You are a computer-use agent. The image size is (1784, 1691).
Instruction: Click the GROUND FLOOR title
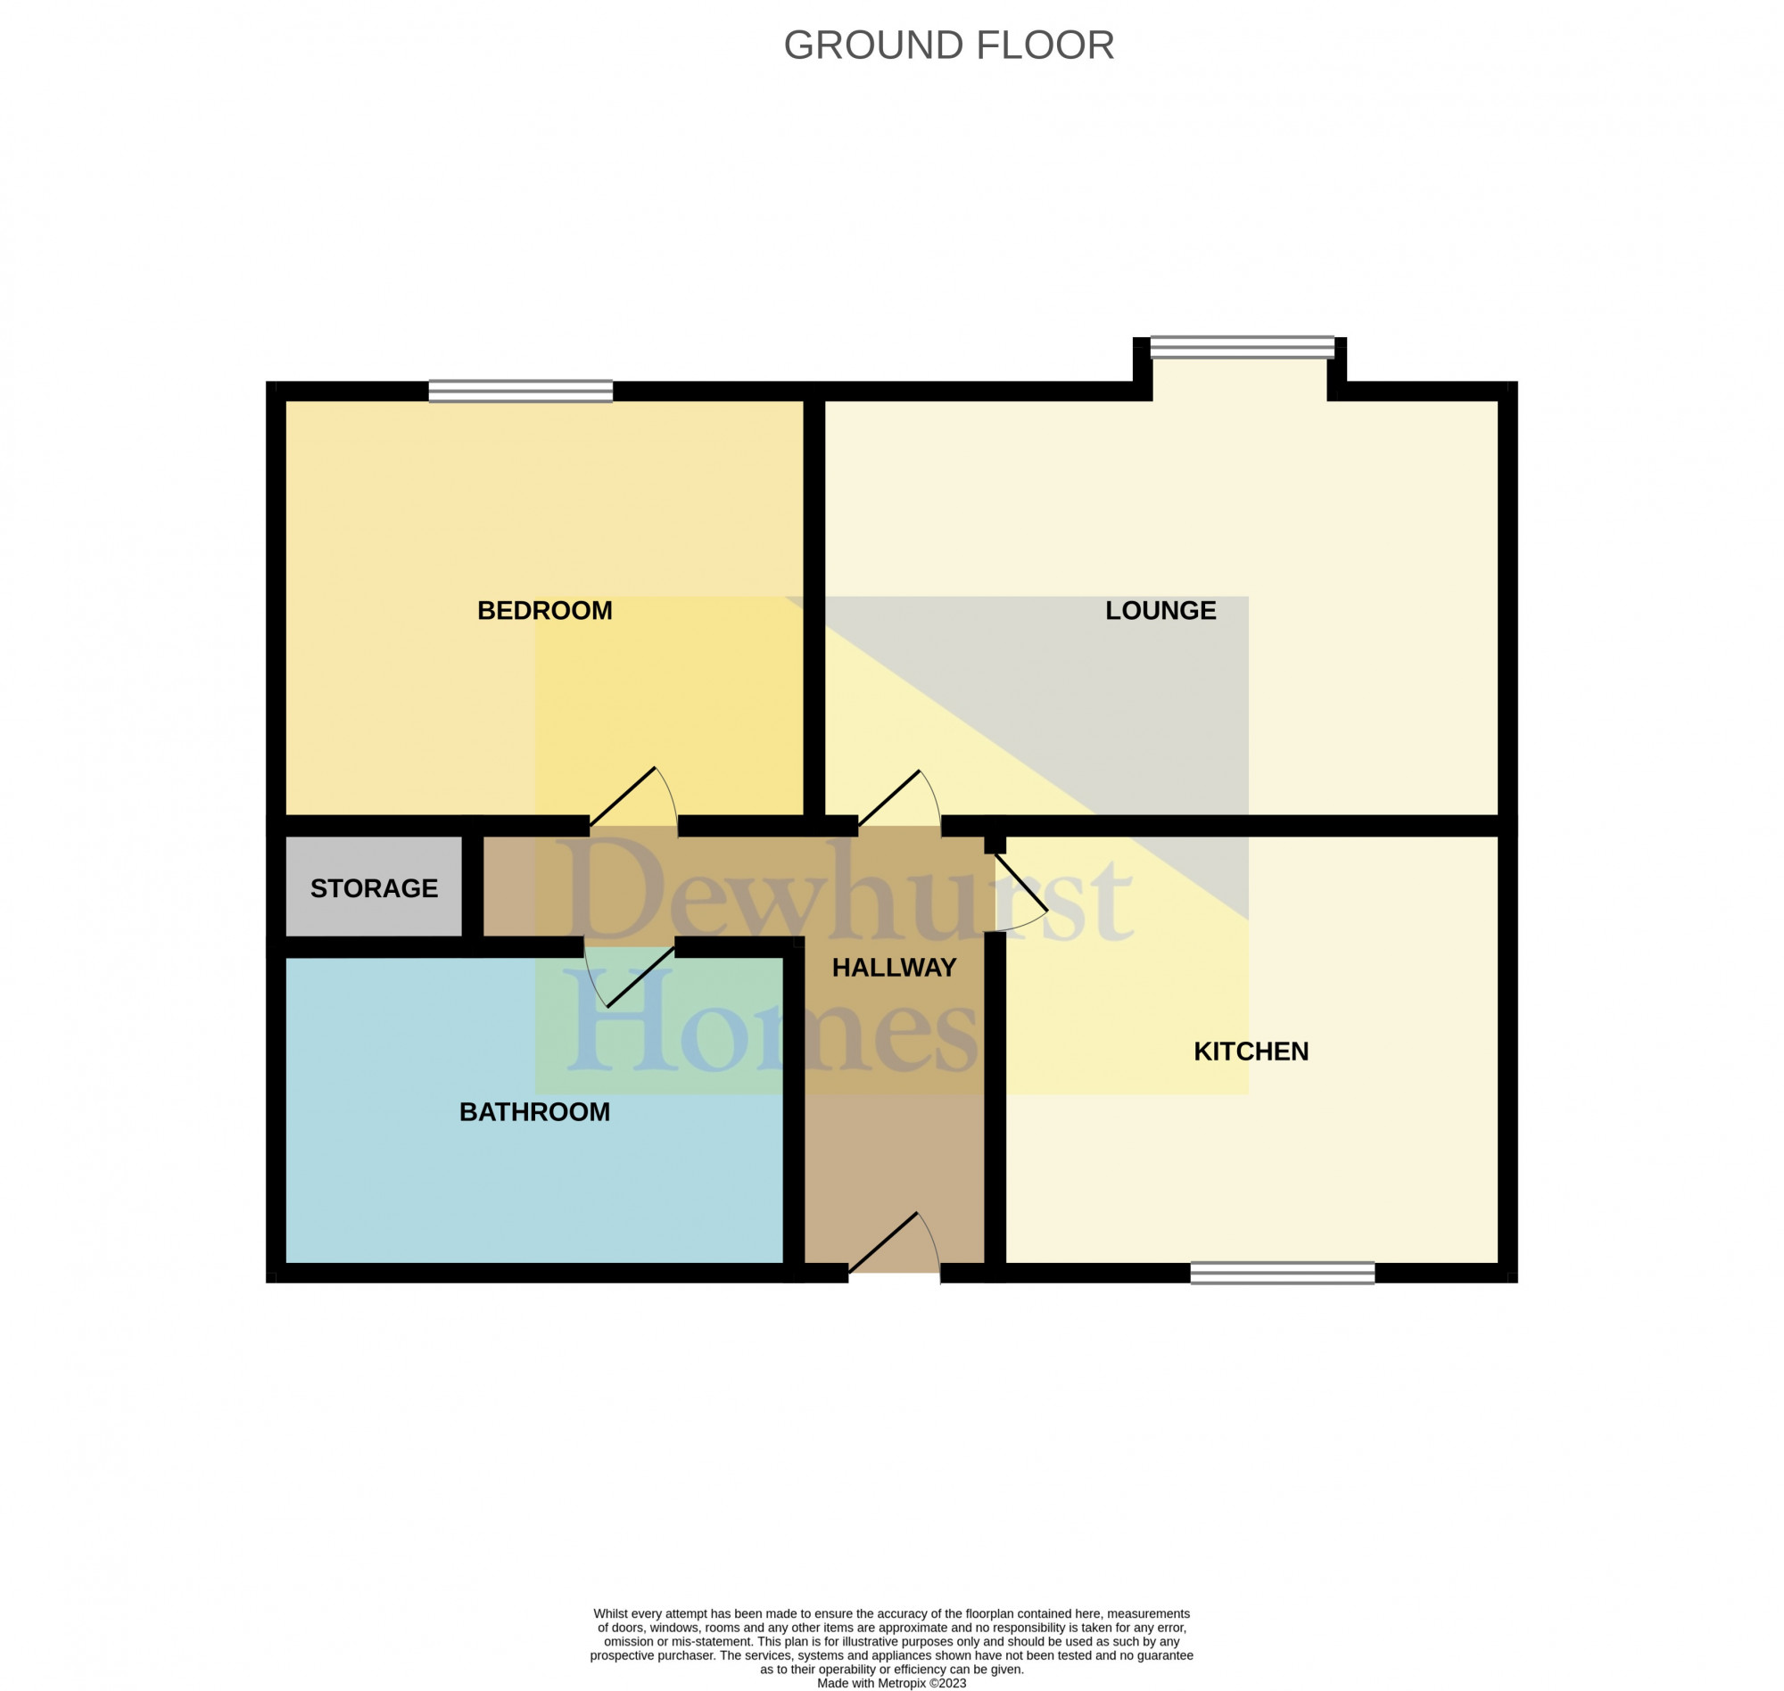pyautogui.click(x=948, y=45)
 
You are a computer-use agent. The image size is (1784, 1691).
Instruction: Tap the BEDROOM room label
pyautogui.click(x=544, y=610)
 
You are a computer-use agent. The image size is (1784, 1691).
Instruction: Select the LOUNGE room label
pyautogui.click(x=1160, y=610)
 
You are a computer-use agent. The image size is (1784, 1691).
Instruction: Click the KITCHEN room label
pyautogui.click(x=1251, y=1051)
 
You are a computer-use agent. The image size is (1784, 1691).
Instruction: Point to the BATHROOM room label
pyautogui.click(x=534, y=1111)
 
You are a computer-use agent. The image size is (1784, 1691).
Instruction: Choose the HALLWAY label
pyautogui.click(x=894, y=967)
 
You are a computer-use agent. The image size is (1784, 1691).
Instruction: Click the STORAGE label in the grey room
pyautogui.click(x=374, y=888)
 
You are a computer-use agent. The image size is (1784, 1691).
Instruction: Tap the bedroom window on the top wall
pyautogui.click(x=520, y=392)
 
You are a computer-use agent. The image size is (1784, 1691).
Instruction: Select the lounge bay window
pyautogui.click(x=1242, y=347)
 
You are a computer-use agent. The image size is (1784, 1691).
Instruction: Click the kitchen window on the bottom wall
pyautogui.click(x=1282, y=1273)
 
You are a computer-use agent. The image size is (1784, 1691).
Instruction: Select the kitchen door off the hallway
pyautogui.click(x=1020, y=893)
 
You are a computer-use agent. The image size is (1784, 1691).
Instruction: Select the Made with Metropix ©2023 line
pyautogui.click(x=890, y=1683)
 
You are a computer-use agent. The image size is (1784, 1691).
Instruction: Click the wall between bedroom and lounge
pyautogui.click(x=814, y=604)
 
